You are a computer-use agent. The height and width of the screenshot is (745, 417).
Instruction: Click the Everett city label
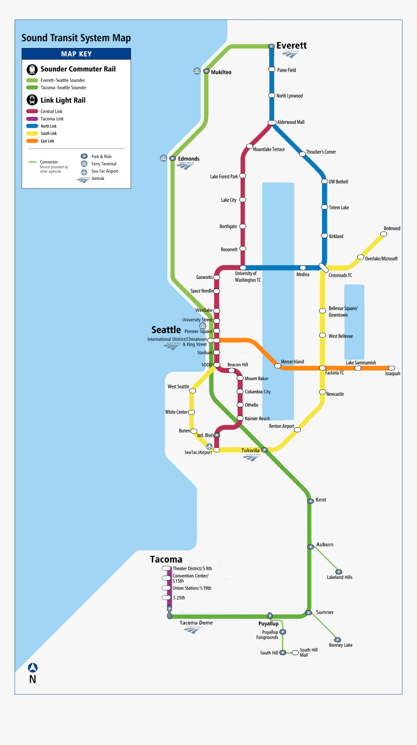click(x=291, y=46)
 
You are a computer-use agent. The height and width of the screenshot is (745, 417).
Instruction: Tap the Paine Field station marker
click(x=272, y=70)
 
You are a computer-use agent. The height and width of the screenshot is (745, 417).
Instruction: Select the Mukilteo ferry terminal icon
click(x=196, y=71)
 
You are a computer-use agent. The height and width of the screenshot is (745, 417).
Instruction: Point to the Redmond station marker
click(x=384, y=234)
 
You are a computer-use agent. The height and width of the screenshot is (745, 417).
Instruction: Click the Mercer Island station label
click(x=292, y=361)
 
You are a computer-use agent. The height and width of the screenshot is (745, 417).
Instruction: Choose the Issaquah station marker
click(x=392, y=368)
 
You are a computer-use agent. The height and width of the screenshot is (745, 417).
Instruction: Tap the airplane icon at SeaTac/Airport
click(x=209, y=446)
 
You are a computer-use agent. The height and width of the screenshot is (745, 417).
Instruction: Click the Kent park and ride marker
click(x=310, y=501)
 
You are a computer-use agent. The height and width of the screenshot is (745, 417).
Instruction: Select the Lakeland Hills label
click(x=339, y=577)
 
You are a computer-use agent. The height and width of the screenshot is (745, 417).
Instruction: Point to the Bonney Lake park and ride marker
click(x=338, y=640)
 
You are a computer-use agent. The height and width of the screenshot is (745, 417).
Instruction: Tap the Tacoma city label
click(x=166, y=559)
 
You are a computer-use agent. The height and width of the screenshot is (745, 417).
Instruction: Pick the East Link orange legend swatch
click(x=32, y=141)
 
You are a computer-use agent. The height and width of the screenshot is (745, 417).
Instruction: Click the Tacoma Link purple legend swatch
click(x=32, y=119)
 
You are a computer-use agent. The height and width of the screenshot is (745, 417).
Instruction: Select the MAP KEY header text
click(x=76, y=54)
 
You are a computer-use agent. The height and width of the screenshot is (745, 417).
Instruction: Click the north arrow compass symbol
click(x=32, y=668)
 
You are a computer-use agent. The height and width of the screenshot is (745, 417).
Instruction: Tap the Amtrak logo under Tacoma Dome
click(x=192, y=630)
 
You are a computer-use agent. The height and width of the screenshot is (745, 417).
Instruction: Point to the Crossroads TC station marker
click(x=323, y=267)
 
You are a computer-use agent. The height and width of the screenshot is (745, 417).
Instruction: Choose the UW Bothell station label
click(x=338, y=181)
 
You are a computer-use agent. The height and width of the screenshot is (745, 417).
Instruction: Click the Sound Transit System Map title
click(x=76, y=38)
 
